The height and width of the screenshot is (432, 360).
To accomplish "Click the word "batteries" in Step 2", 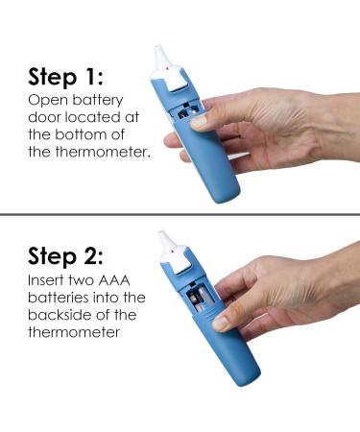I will tap(59, 299).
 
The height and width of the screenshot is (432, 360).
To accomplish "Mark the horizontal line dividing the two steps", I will tap(180, 213).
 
